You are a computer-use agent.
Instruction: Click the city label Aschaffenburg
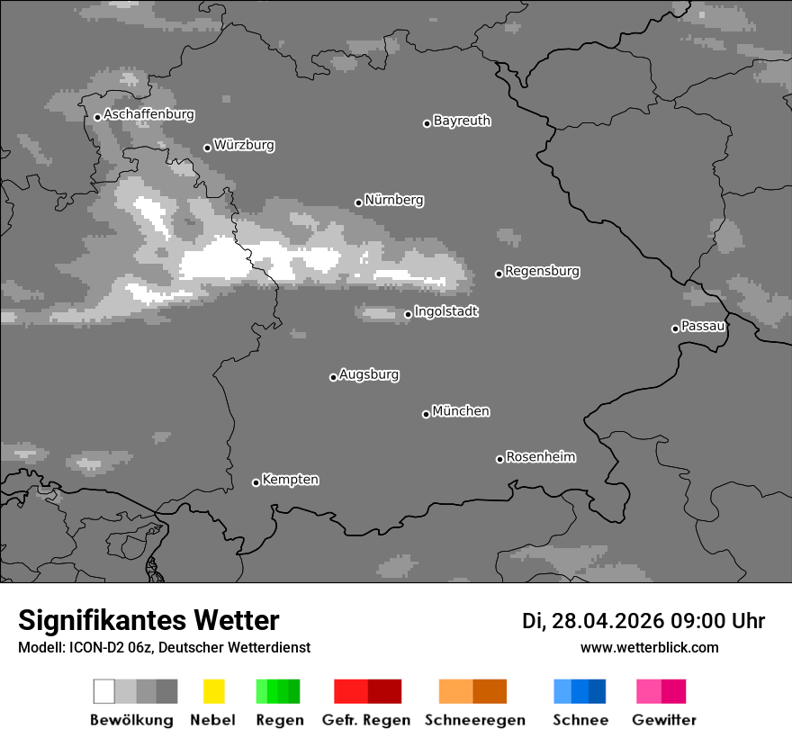click(148, 115)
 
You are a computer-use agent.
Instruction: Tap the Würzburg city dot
click(207, 148)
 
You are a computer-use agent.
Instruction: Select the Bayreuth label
click(462, 121)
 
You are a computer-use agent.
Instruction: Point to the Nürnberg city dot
click(358, 202)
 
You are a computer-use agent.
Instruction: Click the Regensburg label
click(542, 271)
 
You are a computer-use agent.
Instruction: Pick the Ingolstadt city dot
click(408, 314)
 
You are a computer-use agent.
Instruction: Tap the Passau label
click(703, 326)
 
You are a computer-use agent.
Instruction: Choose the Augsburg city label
click(369, 374)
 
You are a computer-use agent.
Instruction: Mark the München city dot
click(426, 414)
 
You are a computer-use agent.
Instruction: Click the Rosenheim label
click(540, 456)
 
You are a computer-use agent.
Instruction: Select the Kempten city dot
click(256, 482)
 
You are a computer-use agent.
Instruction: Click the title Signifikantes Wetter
click(148, 620)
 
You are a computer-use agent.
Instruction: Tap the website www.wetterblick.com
click(650, 647)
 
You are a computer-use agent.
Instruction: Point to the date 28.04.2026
click(608, 621)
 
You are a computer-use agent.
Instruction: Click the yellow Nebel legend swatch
click(213, 691)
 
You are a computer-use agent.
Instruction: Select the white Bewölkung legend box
click(103, 691)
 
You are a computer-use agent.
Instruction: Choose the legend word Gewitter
click(664, 720)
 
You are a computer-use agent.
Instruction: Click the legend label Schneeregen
click(475, 720)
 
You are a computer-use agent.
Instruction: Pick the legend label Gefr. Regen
click(365, 720)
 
